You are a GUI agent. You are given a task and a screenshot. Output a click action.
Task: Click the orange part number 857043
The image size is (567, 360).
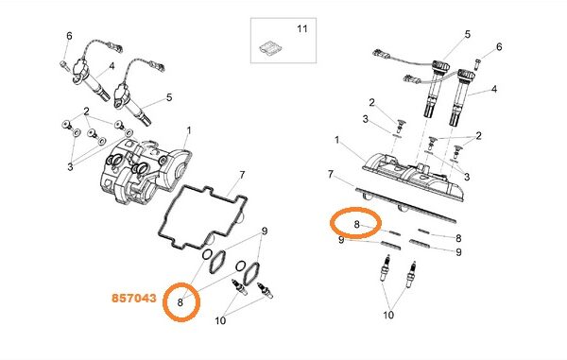pos(134,299)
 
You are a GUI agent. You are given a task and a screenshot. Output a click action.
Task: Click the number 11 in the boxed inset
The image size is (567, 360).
pos(302,28)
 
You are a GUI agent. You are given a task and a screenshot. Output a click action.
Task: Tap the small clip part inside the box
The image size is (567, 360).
pos(271,49)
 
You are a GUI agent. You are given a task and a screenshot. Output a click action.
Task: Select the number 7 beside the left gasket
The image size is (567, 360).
pos(242,176)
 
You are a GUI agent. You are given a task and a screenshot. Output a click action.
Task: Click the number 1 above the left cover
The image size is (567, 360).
pos(188,130)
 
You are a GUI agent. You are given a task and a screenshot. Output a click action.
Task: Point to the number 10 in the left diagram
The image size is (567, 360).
pos(220,320)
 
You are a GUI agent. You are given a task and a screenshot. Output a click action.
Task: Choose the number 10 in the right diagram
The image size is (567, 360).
pos(388,315)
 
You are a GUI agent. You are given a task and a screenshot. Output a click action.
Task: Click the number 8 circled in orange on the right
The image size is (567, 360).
pos(356,225)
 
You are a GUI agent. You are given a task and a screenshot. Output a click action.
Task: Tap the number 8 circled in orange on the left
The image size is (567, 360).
pos(180,302)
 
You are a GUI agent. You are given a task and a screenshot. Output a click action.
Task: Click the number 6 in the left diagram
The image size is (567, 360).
pos(69,36)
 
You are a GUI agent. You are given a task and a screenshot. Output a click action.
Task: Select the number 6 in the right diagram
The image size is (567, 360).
pos(499,46)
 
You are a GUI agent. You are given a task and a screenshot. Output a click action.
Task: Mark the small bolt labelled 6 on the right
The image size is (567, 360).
pos(478,64)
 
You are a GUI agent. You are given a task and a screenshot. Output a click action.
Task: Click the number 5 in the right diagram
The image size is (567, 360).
pos(467,34)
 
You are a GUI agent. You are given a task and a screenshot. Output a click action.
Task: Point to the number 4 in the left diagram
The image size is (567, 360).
pos(112,66)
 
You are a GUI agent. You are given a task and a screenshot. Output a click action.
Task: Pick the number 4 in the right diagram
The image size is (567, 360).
pos(494,89)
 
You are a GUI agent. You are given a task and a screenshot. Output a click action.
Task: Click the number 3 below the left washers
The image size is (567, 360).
pos(70,167)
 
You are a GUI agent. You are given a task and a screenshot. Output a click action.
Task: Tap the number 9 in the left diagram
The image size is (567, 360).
pos(265,231)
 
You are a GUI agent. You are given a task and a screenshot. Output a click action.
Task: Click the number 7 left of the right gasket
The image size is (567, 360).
pos(330,174)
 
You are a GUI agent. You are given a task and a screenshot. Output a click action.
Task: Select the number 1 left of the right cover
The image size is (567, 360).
pos(337,140)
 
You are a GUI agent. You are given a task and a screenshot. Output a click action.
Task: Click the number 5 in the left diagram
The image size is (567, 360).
pos(169,97)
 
